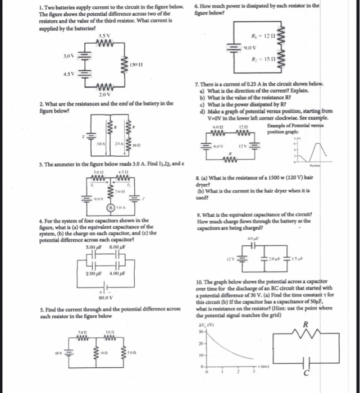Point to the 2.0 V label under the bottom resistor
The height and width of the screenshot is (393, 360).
click(x=102, y=95)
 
